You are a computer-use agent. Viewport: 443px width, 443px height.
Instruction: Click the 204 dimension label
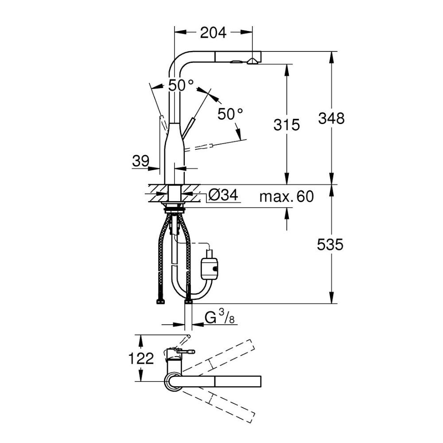pos(214,33)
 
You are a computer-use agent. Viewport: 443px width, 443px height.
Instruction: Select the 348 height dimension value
pos(331,118)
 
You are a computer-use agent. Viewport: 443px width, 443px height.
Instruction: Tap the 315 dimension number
pos(287,124)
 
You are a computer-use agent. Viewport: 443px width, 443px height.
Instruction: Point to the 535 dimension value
pos(330,245)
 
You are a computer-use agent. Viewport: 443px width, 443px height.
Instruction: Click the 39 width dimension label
pos(140,161)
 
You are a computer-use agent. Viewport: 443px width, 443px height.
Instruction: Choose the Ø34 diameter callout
pos(223,195)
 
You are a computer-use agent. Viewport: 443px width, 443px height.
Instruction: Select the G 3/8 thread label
pos(219,318)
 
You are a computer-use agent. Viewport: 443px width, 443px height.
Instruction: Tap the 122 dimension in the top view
pos(141,359)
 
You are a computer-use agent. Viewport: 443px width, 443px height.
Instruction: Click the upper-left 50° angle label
pos(181,85)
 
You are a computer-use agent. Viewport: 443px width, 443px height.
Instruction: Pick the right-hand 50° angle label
pos(230,114)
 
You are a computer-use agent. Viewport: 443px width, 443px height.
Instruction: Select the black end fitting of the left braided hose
pos(160,302)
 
